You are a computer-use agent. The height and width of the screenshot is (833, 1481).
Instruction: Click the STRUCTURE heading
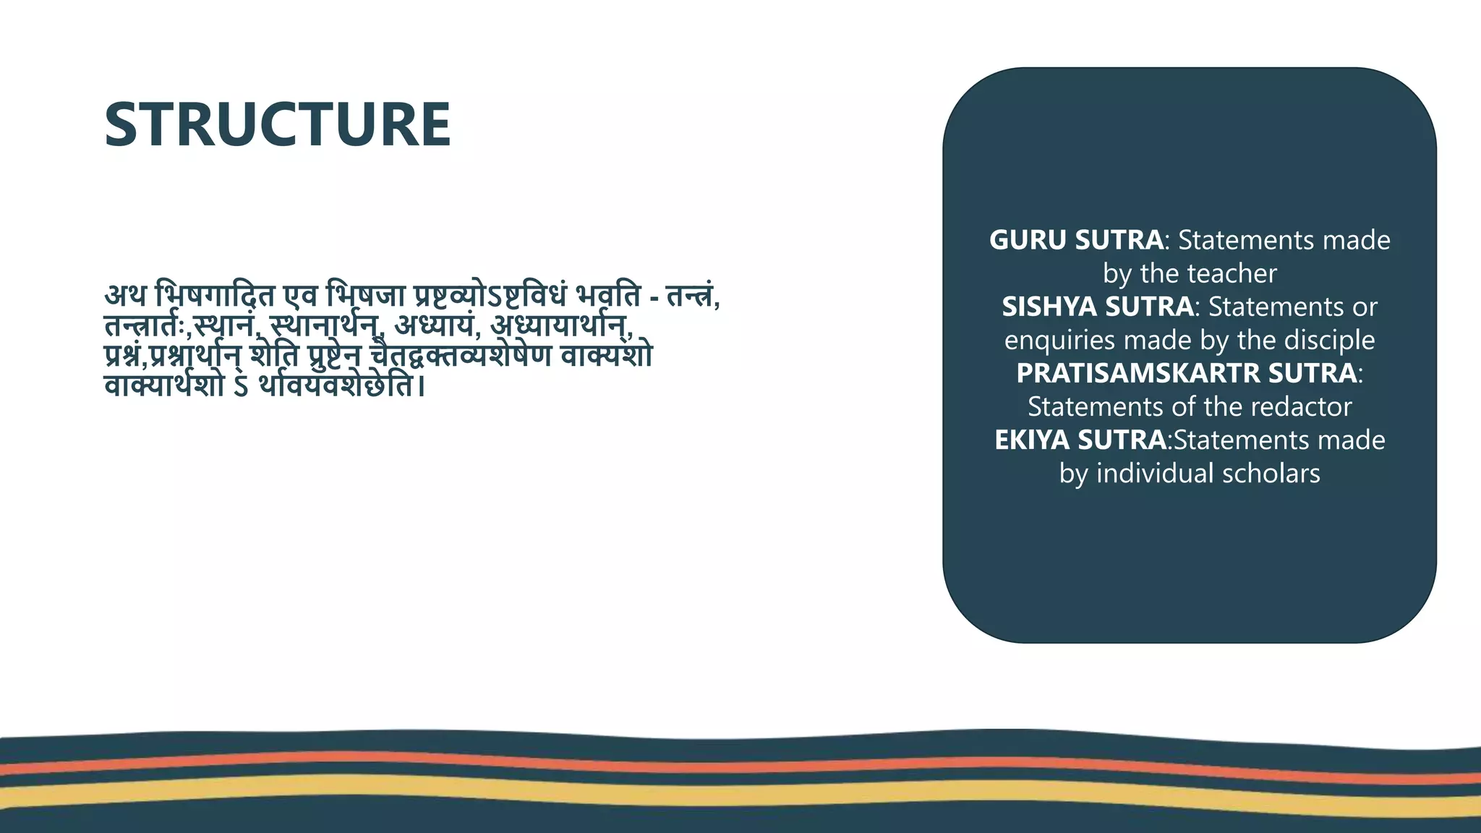(x=278, y=124)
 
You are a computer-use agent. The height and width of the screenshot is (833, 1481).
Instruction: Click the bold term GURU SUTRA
(x=1076, y=240)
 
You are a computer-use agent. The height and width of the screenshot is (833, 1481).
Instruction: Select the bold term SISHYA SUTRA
(x=1097, y=307)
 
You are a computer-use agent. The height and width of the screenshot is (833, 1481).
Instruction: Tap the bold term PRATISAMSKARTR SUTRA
(x=1186, y=373)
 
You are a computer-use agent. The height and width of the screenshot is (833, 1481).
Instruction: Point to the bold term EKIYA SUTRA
(x=1080, y=440)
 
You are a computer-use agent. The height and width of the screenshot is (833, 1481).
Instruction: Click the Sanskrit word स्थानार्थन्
(x=325, y=327)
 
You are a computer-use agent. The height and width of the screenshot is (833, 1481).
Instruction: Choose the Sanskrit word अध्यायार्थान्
(x=560, y=327)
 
